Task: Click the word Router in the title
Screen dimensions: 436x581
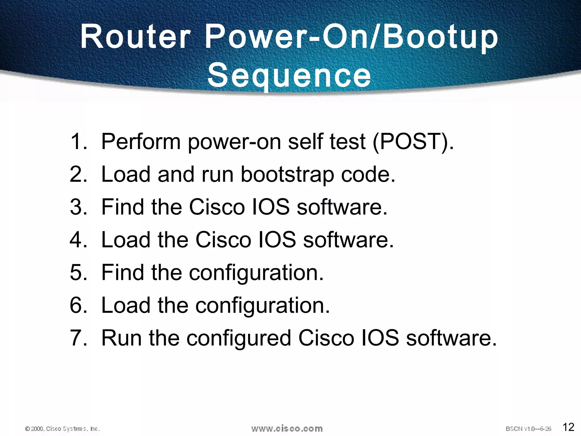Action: (x=136, y=37)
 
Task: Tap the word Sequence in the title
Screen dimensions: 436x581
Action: (x=289, y=75)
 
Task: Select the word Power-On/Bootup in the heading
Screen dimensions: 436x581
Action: (x=351, y=37)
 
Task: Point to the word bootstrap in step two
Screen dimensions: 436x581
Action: (x=287, y=174)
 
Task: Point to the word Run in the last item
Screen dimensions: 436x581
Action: (x=121, y=338)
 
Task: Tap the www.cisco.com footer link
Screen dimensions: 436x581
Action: (x=287, y=428)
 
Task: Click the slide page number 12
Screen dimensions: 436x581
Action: (x=568, y=427)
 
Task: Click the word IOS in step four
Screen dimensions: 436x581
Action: (x=277, y=240)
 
